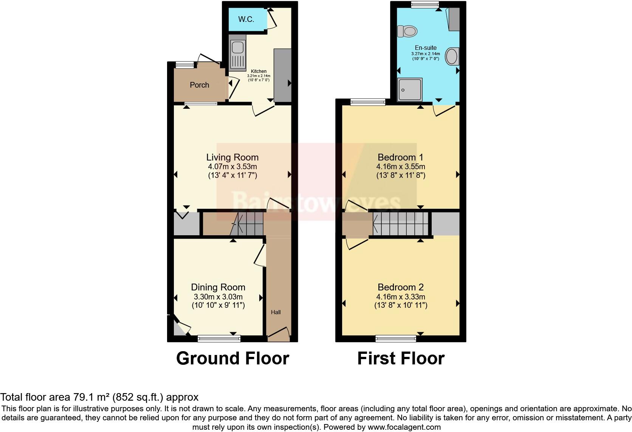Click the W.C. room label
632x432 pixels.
coord(246,19)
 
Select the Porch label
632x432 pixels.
coord(199,85)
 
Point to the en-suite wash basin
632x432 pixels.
coord(452,57)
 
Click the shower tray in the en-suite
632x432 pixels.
coord(409,90)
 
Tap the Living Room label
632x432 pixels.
coord(232,157)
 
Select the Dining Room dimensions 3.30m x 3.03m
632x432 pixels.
coord(218,297)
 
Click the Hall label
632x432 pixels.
coord(276,312)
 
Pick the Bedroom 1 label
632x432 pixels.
coord(400,157)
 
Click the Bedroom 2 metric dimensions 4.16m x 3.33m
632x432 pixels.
coord(401,297)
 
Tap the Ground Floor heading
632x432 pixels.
coord(232,358)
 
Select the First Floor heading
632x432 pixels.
coord(401,358)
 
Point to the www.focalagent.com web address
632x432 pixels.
coord(404,427)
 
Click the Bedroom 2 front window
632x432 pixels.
coord(396,339)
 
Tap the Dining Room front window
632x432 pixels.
coord(219,339)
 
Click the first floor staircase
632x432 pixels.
coord(401,224)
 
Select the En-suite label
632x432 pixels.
coord(426,48)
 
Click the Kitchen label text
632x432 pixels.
coord(259,71)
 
